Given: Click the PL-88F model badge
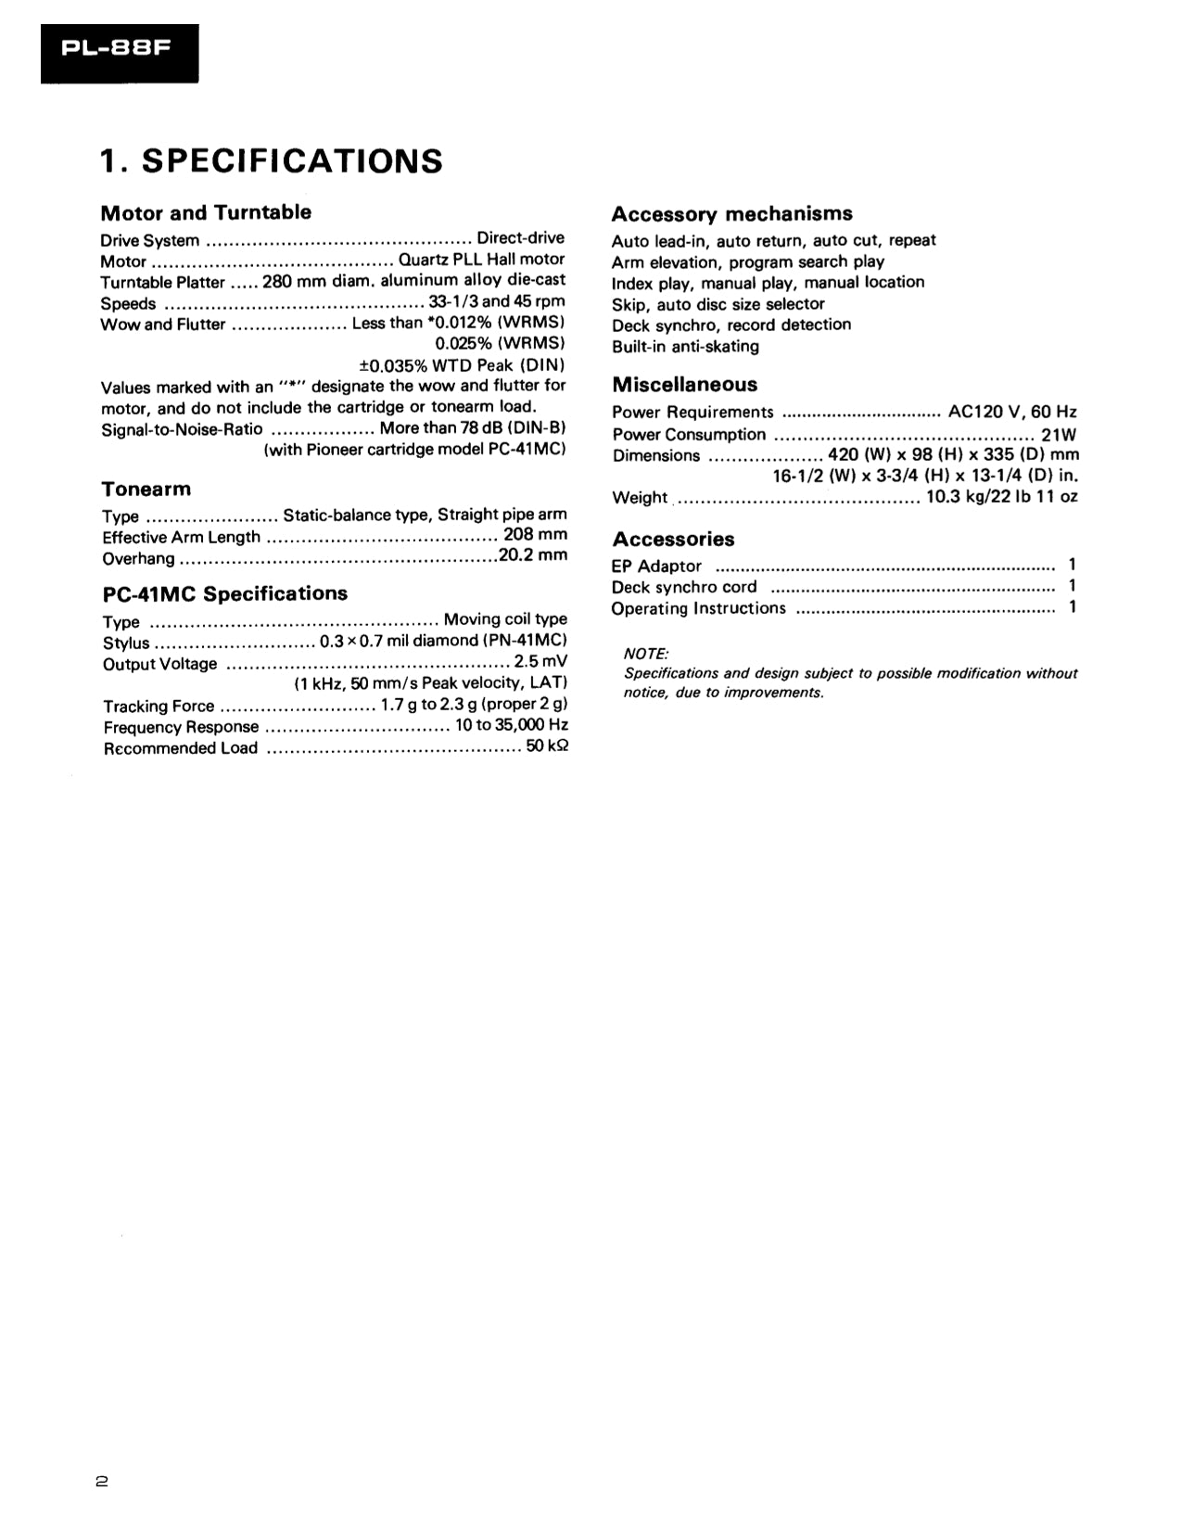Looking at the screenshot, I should click(x=119, y=52).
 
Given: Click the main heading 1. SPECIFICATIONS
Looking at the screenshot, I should click(x=272, y=161).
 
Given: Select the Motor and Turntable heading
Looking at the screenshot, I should click(x=206, y=212).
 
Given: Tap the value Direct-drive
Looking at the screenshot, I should click(x=520, y=238).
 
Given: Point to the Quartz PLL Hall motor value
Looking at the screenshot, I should click(x=481, y=260).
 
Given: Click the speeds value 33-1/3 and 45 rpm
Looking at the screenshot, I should click(x=497, y=302).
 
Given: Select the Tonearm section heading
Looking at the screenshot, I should click(x=146, y=489).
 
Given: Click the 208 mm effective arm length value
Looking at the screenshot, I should click(x=535, y=535).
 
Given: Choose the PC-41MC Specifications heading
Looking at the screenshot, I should click(x=224, y=593).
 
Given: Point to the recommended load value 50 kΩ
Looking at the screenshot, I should click(x=547, y=746).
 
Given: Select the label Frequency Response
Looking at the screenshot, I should click(x=181, y=728).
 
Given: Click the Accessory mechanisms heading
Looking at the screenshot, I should click(x=731, y=214).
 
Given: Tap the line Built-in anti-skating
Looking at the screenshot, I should click(x=685, y=347).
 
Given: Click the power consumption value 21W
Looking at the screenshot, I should click(x=1059, y=434).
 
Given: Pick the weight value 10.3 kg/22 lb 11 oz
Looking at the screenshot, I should click(x=1001, y=497).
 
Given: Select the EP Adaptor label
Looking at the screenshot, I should click(x=656, y=567).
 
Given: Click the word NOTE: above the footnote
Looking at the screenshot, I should click(x=646, y=655).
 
